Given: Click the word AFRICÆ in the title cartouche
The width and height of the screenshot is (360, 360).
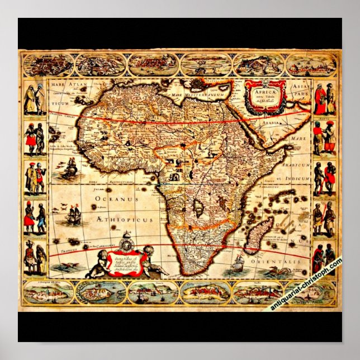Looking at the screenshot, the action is [x=264, y=88].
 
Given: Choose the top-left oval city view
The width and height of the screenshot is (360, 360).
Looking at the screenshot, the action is [x=47, y=65].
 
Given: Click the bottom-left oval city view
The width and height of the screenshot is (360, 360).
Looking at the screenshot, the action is [x=48, y=292].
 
